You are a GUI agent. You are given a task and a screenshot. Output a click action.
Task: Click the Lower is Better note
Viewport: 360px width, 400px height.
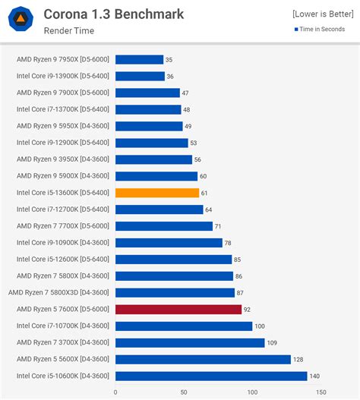(323, 14)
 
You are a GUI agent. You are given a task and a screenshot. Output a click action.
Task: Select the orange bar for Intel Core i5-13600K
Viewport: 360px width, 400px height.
(157, 193)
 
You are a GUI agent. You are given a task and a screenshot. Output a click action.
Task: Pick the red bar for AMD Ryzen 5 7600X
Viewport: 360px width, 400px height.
(178, 309)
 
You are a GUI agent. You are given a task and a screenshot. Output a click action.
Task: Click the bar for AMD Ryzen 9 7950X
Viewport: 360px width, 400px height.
(139, 59)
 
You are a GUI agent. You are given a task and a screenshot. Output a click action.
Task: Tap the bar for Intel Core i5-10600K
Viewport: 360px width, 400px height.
(211, 376)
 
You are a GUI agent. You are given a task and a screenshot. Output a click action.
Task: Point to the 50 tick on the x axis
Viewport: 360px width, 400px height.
(184, 392)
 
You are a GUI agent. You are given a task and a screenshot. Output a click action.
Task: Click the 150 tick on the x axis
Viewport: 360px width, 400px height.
(321, 392)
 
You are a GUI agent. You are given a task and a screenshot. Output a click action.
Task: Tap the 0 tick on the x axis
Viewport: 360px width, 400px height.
(115, 392)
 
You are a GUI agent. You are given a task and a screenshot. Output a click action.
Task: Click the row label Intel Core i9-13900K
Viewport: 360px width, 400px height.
(62, 76)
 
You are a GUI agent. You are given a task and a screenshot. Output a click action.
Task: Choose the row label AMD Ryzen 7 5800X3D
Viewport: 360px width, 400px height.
(58, 292)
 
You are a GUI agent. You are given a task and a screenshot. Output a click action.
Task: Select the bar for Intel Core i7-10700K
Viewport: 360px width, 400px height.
(184, 326)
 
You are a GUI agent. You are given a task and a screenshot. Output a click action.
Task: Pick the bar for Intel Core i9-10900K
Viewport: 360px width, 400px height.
(169, 243)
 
